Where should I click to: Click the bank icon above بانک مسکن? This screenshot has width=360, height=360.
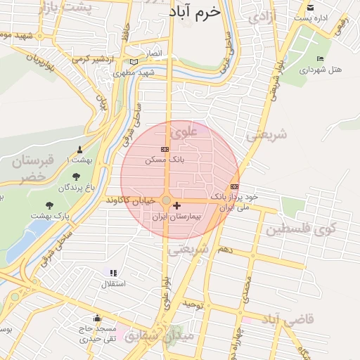[165, 149]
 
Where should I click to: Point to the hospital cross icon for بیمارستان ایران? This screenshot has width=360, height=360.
[176, 205]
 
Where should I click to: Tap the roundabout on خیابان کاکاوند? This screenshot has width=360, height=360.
[166, 201]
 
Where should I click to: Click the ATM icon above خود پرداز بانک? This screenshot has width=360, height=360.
[234, 186]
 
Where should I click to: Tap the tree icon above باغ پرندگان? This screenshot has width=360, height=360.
[75, 176]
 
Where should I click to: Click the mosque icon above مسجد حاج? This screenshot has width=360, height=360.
[97, 318]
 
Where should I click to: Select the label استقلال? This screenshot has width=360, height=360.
[114, 284]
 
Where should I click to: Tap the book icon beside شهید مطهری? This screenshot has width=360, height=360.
[133, 61]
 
